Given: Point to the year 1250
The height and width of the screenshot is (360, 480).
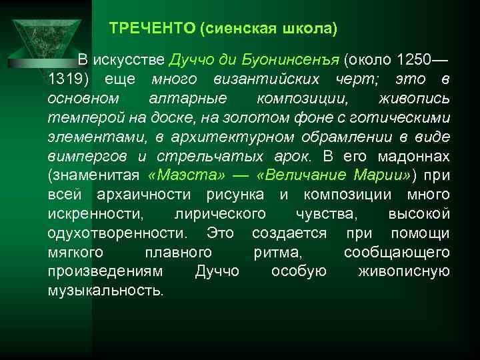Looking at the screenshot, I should [414, 61].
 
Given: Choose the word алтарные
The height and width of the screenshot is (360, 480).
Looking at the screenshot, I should [194, 99].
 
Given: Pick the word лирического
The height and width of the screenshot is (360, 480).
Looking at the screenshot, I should [220, 214].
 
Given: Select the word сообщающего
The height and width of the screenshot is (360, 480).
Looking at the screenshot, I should [396, 253].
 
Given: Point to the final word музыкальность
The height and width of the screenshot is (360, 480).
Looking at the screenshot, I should [105, 291].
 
